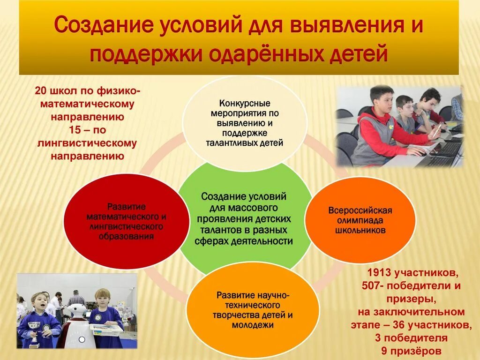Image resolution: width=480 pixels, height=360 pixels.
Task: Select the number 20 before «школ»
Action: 41,90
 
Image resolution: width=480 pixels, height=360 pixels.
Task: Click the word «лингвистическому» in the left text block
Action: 87,143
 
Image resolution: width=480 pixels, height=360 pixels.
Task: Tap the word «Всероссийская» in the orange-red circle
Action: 360,210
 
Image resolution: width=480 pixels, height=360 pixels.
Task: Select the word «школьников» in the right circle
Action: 360,231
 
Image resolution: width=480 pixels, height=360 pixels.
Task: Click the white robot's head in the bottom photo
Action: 77,312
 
